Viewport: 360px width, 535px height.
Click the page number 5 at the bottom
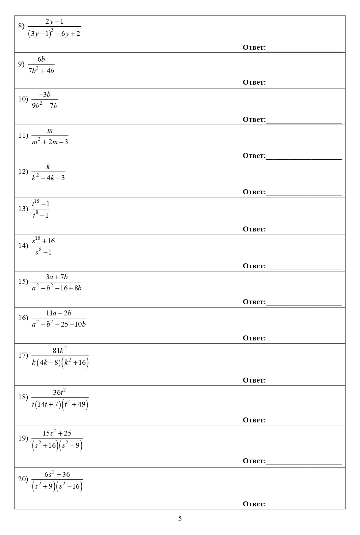tap(180, 519)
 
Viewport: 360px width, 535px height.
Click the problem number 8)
tap(21, 26)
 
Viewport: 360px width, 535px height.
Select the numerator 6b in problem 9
tap(41, 59)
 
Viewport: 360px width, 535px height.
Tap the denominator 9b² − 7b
tap(45, 106)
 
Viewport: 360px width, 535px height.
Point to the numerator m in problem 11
tap(50, 131)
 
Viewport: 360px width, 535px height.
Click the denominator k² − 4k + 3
tap(48, 178)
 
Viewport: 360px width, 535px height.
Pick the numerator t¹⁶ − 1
tap(41, 203)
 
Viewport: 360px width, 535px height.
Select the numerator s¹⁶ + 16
tap(43, 241)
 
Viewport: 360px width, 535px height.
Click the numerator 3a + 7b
tap(57, 277)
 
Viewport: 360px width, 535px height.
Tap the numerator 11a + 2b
tap(59, 313)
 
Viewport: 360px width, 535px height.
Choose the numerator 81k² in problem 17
tap(60, 350)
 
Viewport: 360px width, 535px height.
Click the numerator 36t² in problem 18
tap(60, 392)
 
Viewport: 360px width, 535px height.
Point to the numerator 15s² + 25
tap(57, 433)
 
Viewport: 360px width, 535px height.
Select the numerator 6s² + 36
tap(57, 474)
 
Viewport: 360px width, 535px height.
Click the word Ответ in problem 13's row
tap(254, 229)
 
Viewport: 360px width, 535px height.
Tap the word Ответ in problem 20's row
tap(254, 504)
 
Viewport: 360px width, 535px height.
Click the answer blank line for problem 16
tap(304, 341)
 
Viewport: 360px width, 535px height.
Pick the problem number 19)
tap(23, 438)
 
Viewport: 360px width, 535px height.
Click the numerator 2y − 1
tap(54, 22)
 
